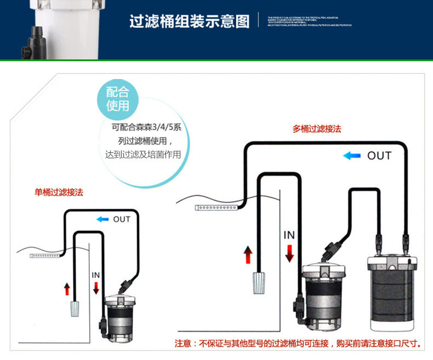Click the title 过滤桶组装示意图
click(x=189, y=21)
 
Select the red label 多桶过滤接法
click(x=317, y=129)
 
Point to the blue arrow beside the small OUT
click(x=103, y=219)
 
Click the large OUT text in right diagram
click(x=379, y=156)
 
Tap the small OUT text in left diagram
click(x=122, y=219)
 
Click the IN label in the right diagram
click(x=289, y=235)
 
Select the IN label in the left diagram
click(x=96, y=275)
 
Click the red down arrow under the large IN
click(x=289, y=253)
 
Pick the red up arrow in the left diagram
click(x=67, y=289)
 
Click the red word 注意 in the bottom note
click(x=183, y=344)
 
